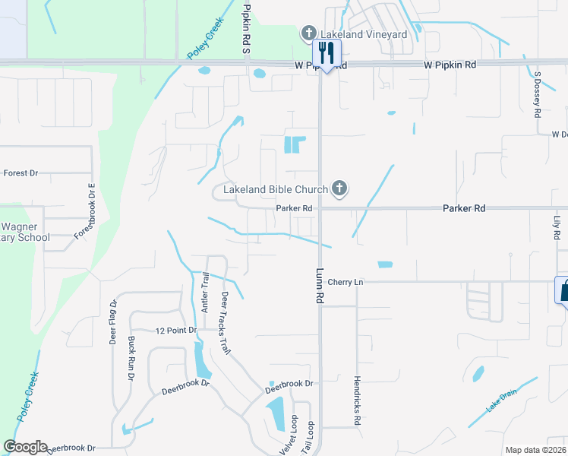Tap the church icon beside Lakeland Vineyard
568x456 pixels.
308,33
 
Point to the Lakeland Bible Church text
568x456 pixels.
275,188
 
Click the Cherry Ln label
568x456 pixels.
346,282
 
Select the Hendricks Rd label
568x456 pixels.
357,400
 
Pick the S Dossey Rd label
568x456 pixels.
537,94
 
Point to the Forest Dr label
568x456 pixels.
21,173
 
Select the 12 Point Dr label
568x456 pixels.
175,331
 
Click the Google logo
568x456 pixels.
25,447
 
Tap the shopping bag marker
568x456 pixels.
563,289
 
